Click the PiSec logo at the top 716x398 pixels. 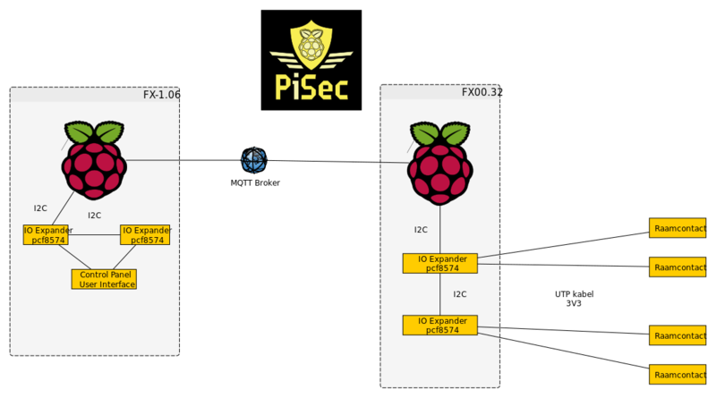(x=311, y=60)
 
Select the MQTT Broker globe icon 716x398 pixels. (x=254, y=160)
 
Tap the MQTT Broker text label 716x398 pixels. (x=255, y=182)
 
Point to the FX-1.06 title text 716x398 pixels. (x=161, y=95)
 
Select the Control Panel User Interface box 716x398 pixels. (x=104, y=279)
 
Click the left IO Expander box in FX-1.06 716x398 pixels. (x=46, y=234)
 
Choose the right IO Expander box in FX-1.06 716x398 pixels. (x=145, y=234)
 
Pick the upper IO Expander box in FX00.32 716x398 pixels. (x=439, y=263)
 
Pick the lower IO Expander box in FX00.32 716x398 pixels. (x=439, y=325)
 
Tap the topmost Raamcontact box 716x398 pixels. (x=678, y=227)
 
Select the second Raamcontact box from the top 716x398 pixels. (x=678, y=267)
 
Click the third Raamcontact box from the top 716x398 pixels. (x=678, y=335)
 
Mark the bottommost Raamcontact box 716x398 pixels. (x=678, y=374)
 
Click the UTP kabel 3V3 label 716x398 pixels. (x=574, y=299)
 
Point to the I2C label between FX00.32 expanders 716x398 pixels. (x=459, y=293)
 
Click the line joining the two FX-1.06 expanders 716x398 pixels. (x=94, y=236)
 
